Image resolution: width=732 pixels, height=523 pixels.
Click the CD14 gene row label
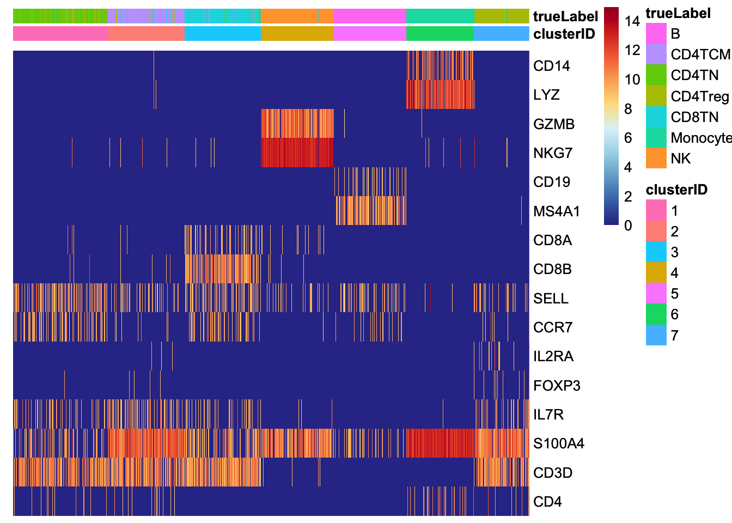coord(551,66)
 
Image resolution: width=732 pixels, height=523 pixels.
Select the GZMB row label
coord(553,124)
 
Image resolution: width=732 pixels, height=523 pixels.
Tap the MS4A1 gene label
coord(557,211)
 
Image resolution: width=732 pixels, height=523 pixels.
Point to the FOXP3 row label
coord(557,386)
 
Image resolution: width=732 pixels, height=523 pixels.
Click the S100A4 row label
coord(559,443)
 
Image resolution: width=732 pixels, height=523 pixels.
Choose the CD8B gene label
coord(552,269)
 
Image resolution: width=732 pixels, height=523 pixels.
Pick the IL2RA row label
coord(553,356)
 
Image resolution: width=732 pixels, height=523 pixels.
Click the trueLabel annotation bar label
coord(565,16)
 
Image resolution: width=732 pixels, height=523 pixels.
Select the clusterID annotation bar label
coord(564,34)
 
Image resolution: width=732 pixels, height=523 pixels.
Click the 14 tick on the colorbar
coord(632,22)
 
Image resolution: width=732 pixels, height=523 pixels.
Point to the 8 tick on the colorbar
coord(628,109)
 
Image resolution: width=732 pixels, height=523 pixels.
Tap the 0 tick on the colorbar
coord(628,225)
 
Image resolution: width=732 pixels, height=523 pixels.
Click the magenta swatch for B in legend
coord(656,33)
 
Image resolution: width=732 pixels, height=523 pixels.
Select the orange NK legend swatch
coord(656,158)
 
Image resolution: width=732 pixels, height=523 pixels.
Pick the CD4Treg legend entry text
coord(699,96)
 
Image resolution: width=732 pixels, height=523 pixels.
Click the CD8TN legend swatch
coord(656,117)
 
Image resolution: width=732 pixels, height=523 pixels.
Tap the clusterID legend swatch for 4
coord(656,273)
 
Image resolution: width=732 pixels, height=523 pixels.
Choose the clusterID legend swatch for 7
coord(656,335)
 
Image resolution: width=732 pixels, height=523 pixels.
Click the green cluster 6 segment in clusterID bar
coord(440,34)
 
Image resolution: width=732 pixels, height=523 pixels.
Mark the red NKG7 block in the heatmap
coord(297,153)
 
